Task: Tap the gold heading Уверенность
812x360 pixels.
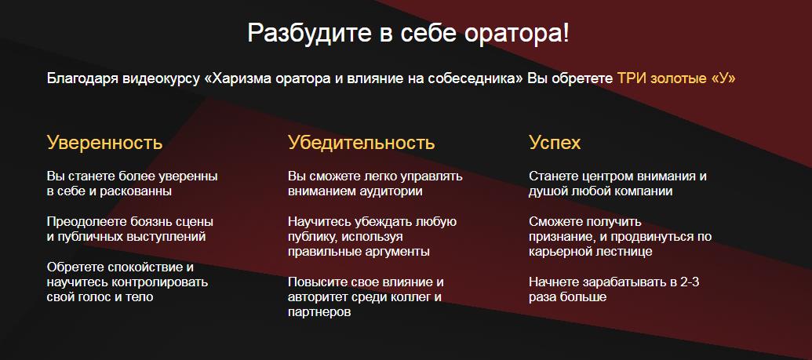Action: pos(104,143)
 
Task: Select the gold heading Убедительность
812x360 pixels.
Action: pos(361,143)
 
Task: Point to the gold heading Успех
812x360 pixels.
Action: pos(555,143)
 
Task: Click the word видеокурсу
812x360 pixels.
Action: pos(162,78)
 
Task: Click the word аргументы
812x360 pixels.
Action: pos(396,253)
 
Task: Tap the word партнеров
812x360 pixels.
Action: pos(319,313)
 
